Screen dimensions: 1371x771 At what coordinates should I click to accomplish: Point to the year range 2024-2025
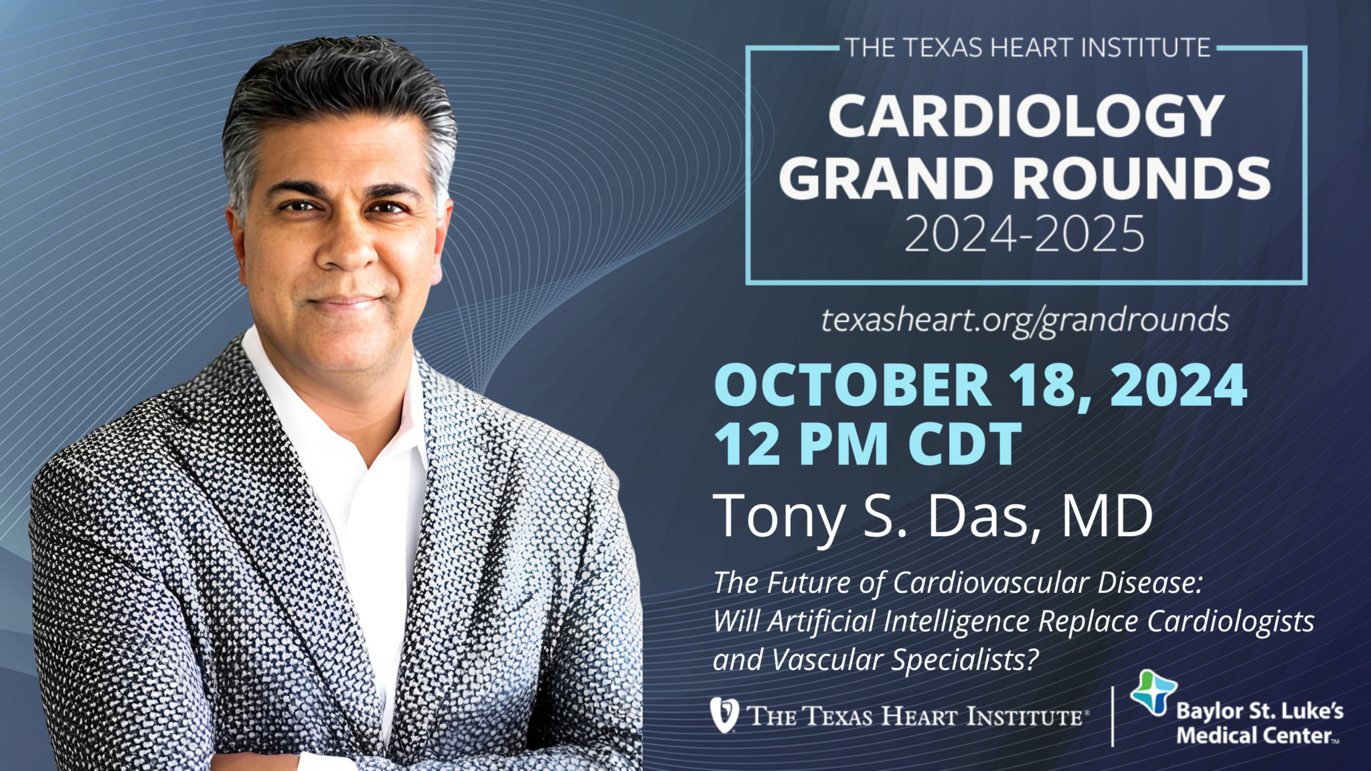[x=1025, y=234]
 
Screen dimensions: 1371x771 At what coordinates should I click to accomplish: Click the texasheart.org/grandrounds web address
[x=1025, y=321]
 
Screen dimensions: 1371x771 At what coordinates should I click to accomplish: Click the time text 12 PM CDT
[x=868, y=444]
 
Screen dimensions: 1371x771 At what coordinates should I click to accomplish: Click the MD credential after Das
[x=1108, y=515]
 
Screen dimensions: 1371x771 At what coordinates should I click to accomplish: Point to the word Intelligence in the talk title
[x=957, y=622]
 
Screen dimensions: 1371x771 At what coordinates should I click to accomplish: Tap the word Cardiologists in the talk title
[x=1231, y=622]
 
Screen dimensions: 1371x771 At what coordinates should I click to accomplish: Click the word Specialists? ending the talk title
[x=965, y=661]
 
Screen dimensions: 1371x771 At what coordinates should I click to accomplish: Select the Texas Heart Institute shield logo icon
[x=724, y=715]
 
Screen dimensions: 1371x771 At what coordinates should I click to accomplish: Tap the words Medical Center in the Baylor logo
[x=1254, y=736]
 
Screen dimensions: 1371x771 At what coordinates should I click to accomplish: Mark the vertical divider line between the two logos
[x=1113, y=716]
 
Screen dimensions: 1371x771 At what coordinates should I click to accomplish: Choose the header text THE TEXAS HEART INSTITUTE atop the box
[x=1028, y=48]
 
